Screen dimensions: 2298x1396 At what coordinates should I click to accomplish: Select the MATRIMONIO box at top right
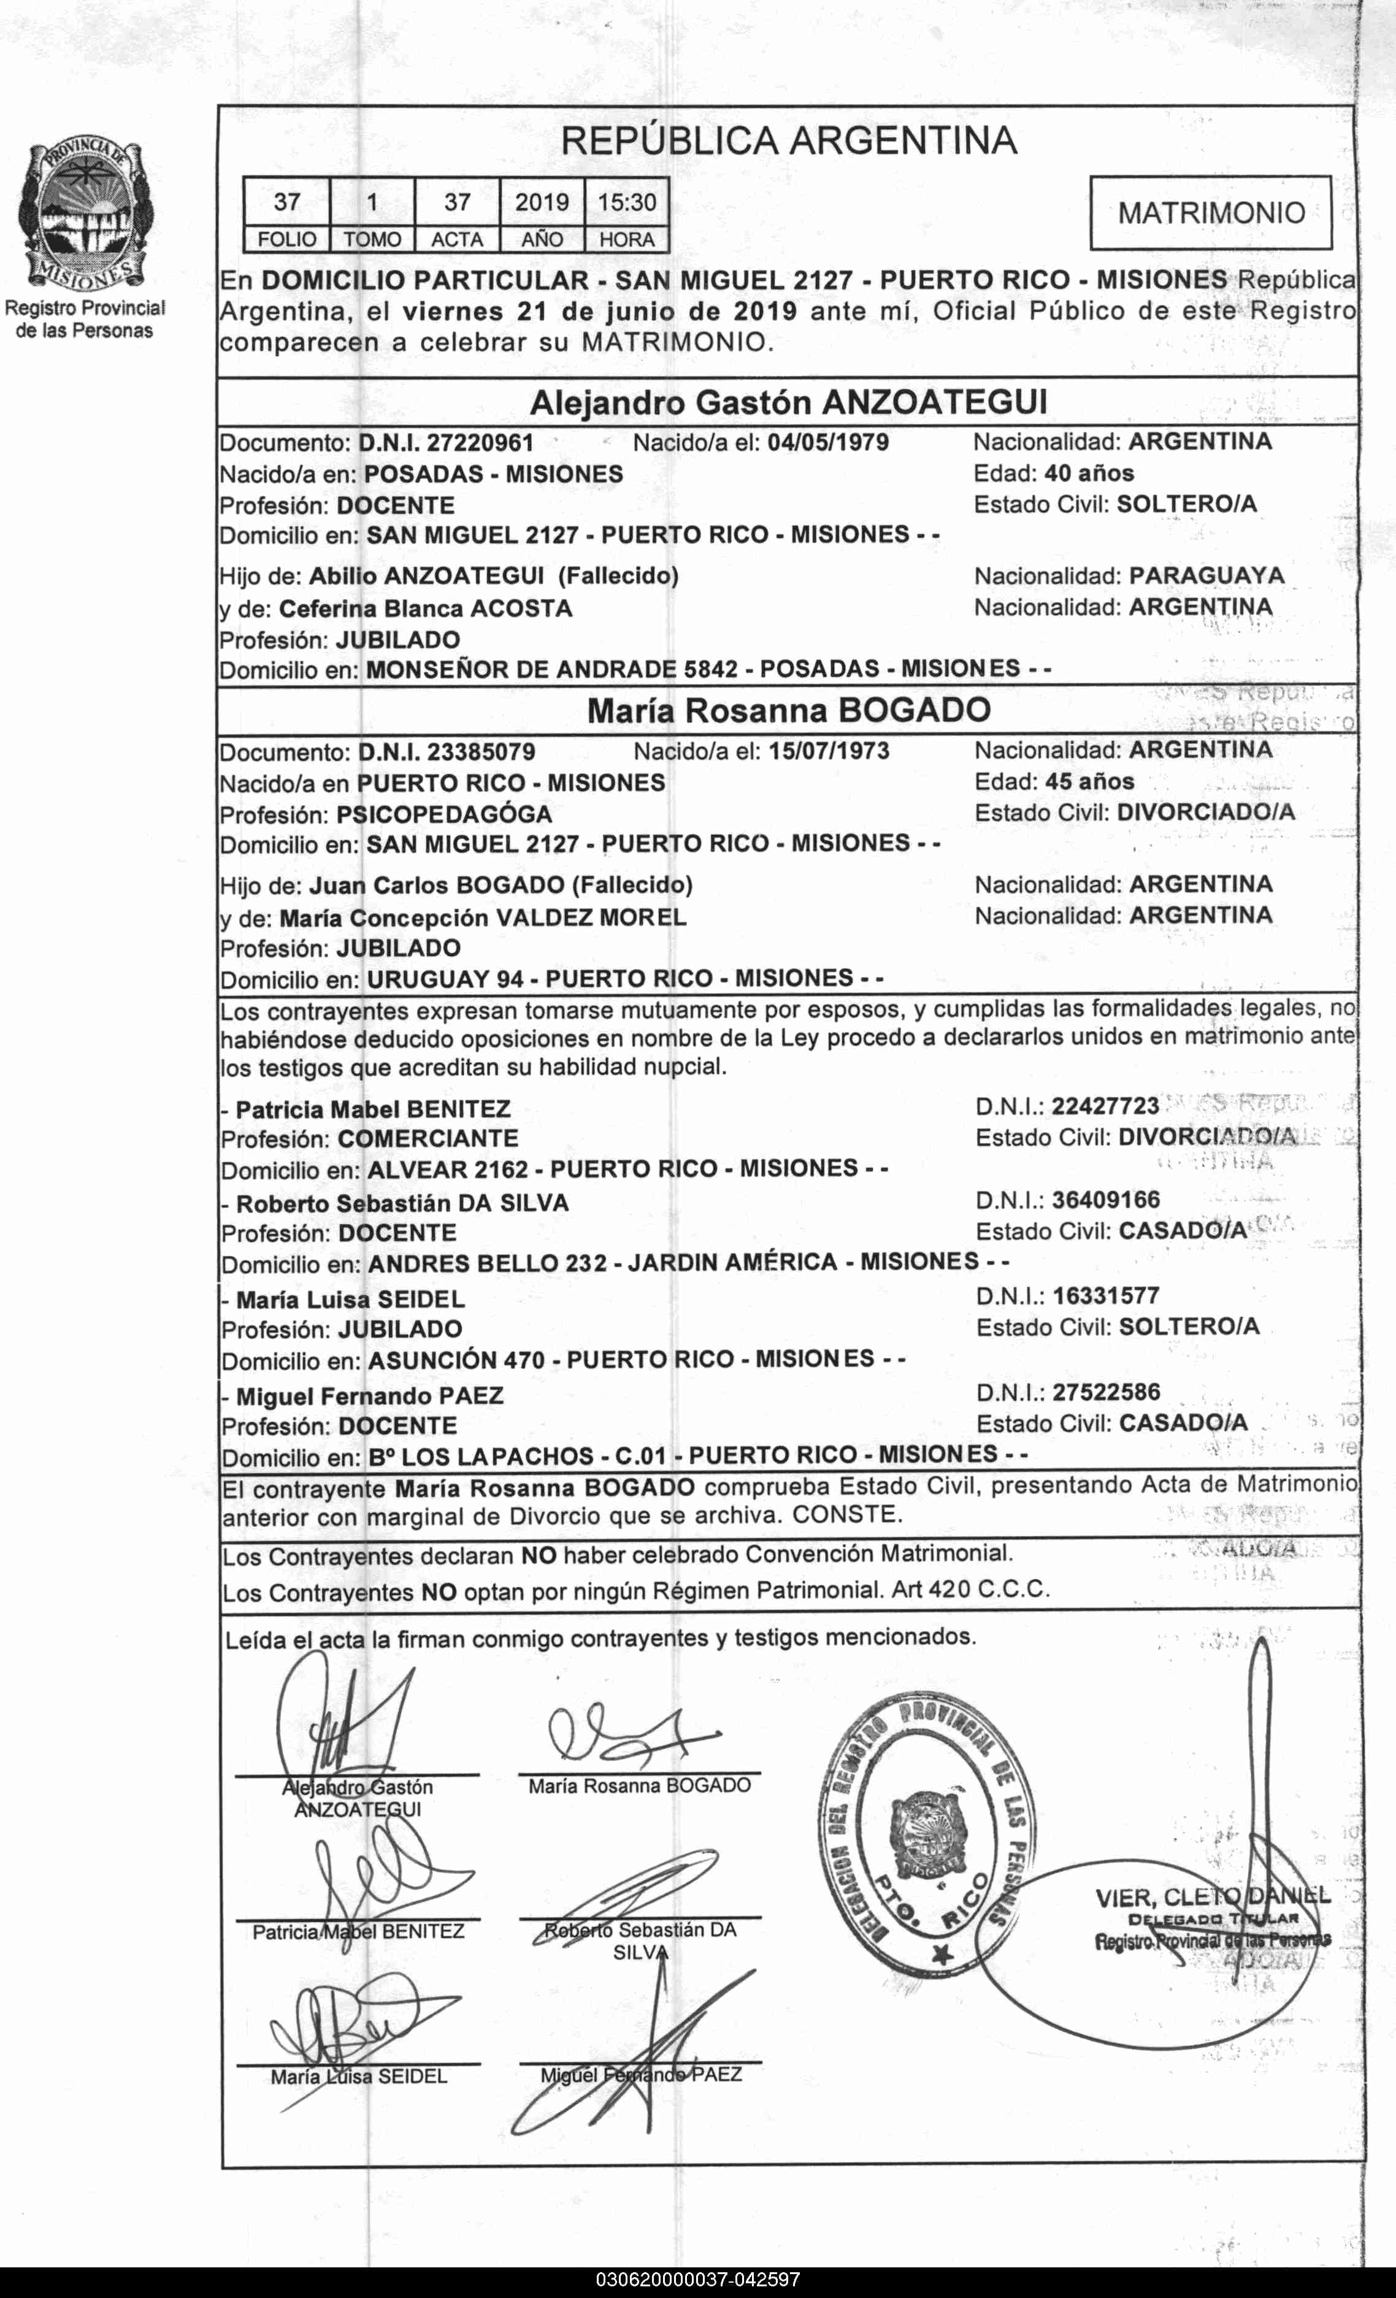[1210, 213]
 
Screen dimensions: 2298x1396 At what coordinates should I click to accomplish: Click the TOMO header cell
[372, 240]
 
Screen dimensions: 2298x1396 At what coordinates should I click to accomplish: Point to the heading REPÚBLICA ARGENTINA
[788, 142]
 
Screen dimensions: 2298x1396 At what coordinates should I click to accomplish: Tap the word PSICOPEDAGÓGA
[444, 814]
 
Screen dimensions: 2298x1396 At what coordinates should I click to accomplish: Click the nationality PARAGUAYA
[1206, 575]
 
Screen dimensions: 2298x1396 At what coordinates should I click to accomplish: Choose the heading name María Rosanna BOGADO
[788, 711]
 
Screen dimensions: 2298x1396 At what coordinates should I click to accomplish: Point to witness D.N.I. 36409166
[1106, 1200]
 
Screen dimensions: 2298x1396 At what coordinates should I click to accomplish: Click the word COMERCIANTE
[428, 1139]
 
